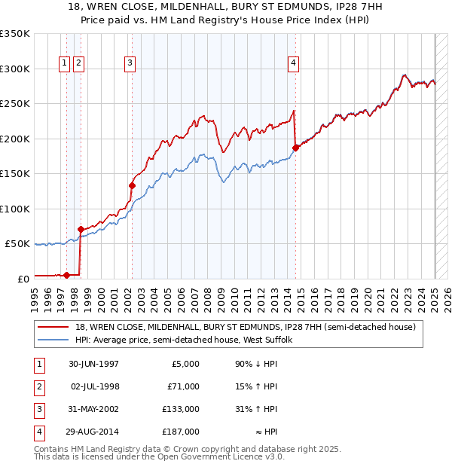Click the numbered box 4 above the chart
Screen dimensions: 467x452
[292, 63]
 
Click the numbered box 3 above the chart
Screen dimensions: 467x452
[130, 63]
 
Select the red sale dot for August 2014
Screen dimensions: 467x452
[295, 148]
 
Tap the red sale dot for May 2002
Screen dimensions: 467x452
[132, 185]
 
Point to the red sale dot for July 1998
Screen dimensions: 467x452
[80, 229]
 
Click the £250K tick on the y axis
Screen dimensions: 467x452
[15, 104]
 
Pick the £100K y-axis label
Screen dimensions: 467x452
[15, 209]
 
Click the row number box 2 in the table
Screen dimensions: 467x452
[38, 387]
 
